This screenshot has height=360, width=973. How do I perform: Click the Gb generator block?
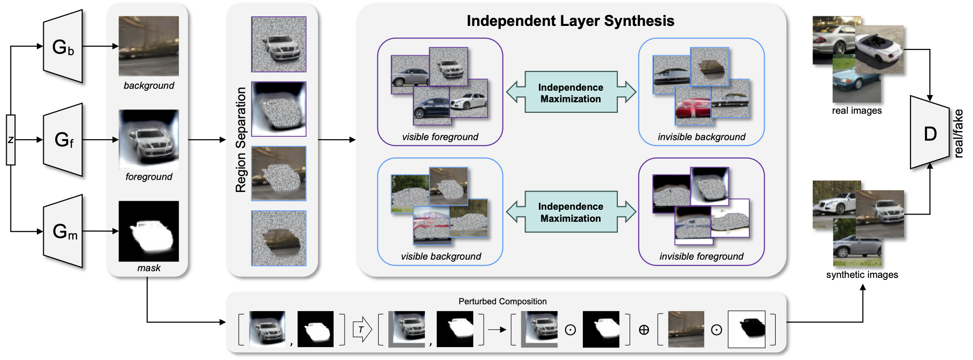pyautogui.click(x=63, y=47)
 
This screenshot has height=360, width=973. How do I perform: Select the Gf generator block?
pyautogui.click(x=63, y=140)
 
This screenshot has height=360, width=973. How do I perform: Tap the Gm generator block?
pyautogui.click(x=63, y=231)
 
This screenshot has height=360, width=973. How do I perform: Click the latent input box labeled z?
pyautogui.click(x=11, y=140)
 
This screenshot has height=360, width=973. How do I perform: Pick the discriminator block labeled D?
pyautogui.click(x=930, y=133)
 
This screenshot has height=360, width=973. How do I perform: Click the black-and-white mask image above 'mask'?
pyautogui.click(x=149, y=231)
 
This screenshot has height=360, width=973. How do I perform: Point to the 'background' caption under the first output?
pyautogui.click(x=149, y=85)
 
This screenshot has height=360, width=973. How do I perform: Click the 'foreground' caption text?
pyautogui.click(x=149, y=177)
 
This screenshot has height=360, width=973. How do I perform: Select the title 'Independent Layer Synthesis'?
pyautogui.click(x=570, y=21)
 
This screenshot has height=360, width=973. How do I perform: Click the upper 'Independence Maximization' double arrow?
pyautogui.click(x=571, y=93)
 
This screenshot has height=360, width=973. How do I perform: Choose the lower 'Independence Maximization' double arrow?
pyautogui.click(x=571, y=212)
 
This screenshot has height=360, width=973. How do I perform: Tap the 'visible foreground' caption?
pyautogui.click(x=440, y=137)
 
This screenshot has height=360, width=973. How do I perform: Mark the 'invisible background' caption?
pyautogui.click(x=701, y=137)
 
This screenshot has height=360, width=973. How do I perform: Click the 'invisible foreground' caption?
pyautogui.click(x=701, y=256)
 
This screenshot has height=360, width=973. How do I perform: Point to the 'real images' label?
pyautogui.click(x=857, y=110)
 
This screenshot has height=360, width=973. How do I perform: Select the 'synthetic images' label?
pyautogui.click(x=862, y=275)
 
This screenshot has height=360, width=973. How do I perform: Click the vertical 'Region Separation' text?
pyautogui.click(x=240, y=140)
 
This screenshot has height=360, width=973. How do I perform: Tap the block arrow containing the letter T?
pyautogui.click(x=362, y=329)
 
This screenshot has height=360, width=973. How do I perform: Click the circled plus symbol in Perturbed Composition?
pyautogui.click(x=644, y=330)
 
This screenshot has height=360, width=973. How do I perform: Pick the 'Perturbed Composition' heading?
pyautogui.click(x=502, y=301)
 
